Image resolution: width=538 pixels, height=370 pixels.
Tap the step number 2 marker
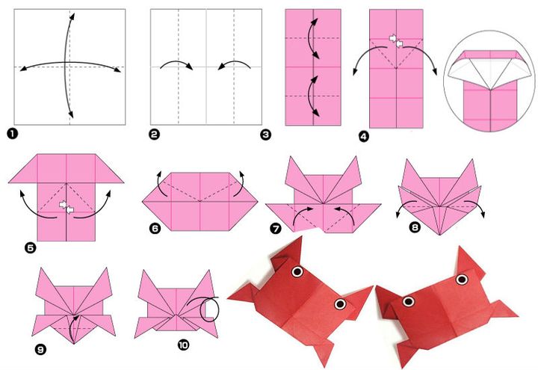point(154,135)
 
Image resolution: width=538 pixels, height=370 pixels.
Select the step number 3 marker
point(265,135)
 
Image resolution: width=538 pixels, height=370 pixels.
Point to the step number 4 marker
point(363,136)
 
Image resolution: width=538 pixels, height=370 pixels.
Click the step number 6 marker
point(155,230)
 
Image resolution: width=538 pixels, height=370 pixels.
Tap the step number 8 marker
point(415,228)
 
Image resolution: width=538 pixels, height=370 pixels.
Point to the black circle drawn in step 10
point(211,309)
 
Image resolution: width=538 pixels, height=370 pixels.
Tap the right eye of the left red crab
point(341,303)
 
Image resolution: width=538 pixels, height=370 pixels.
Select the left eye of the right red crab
point(409,301)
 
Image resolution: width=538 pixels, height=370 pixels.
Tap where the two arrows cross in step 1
point(69,66)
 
